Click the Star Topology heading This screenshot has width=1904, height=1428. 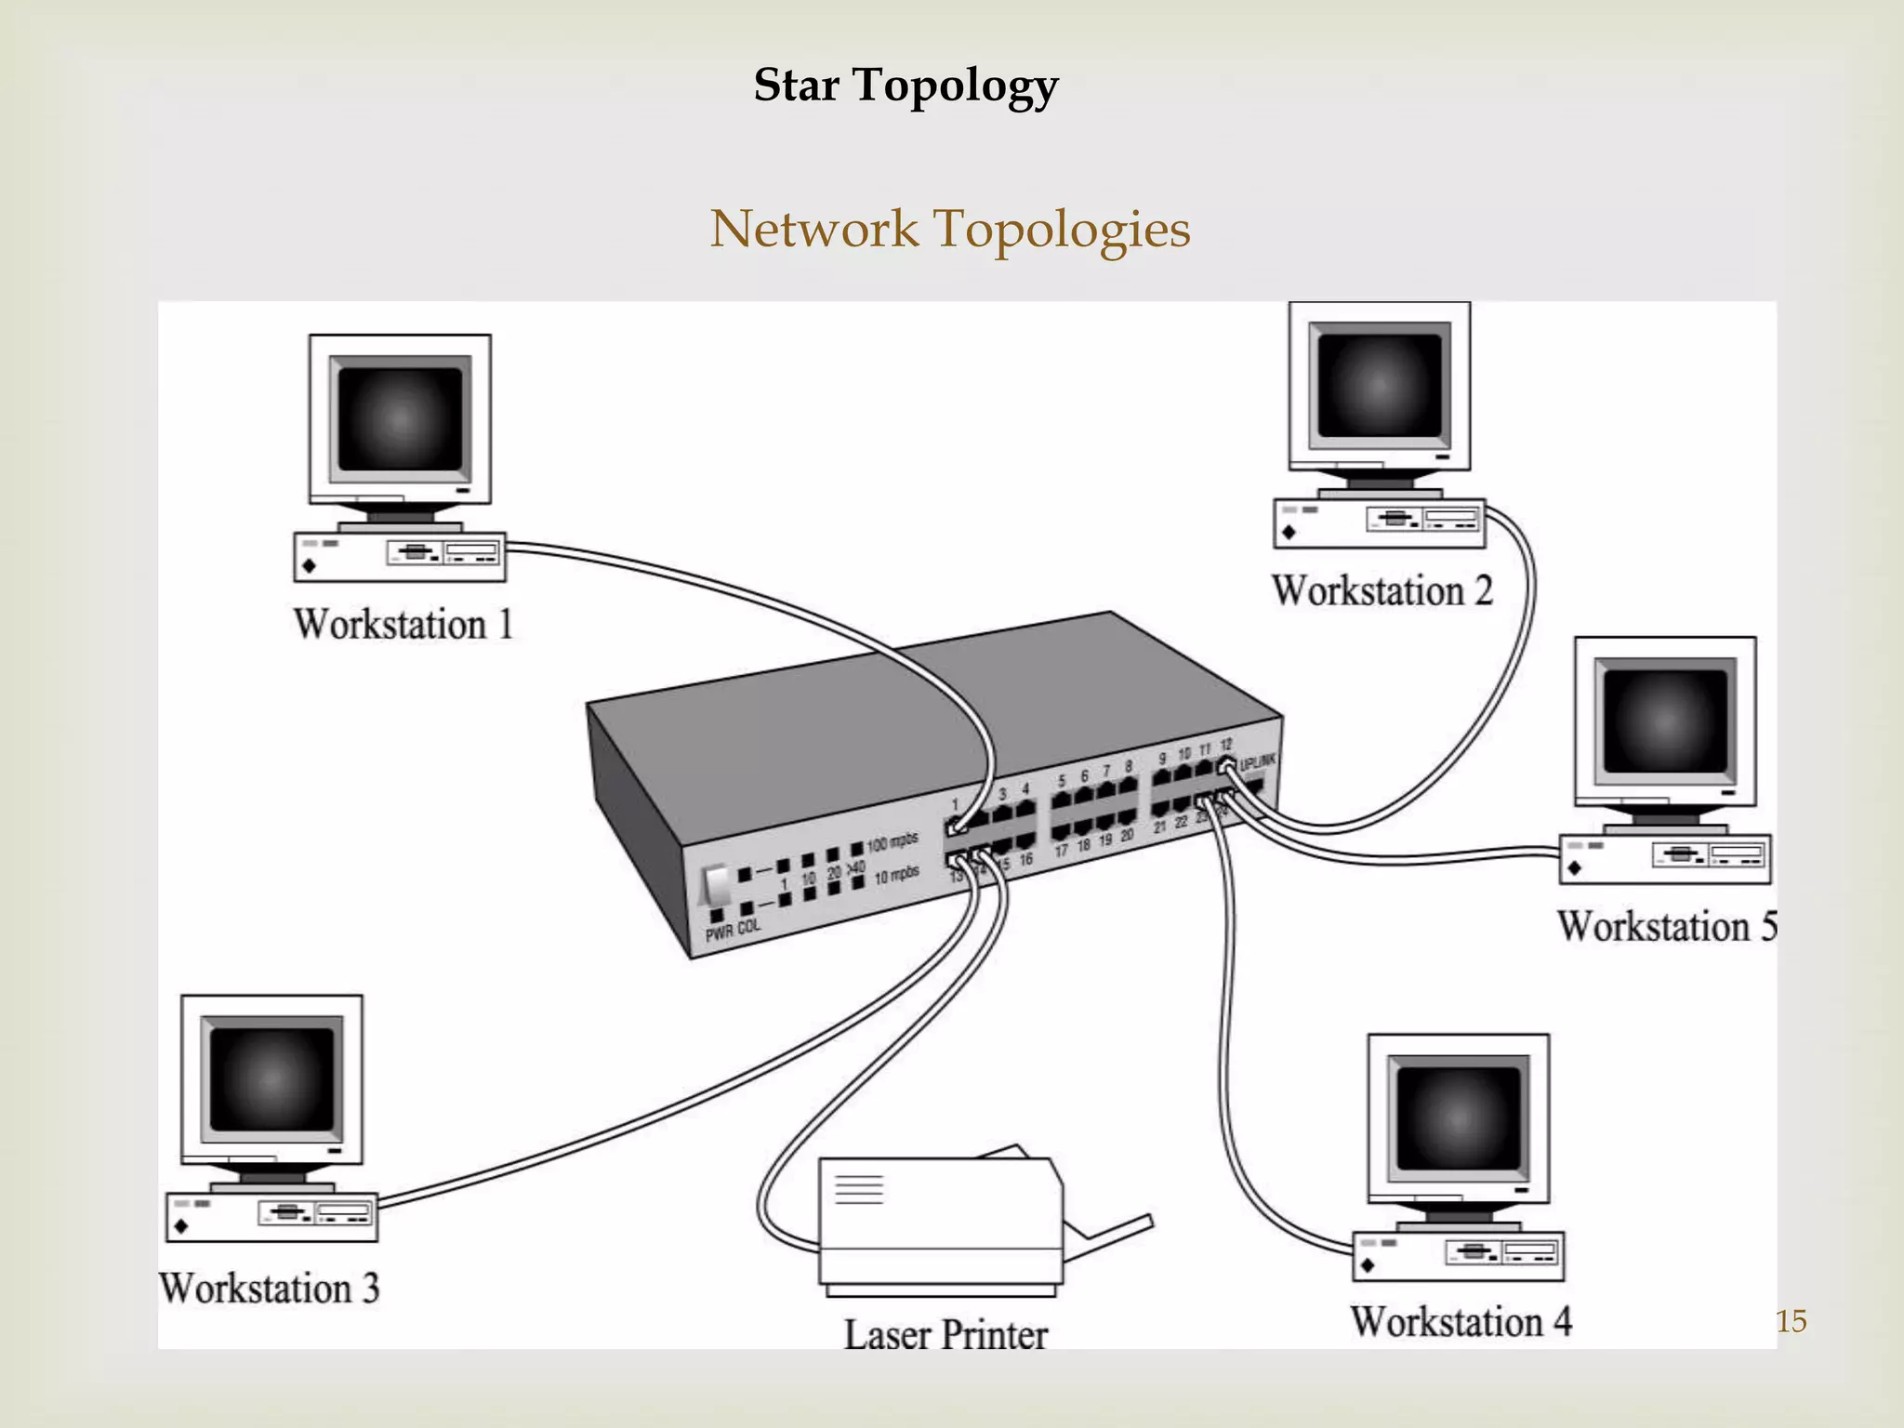coord(906,86)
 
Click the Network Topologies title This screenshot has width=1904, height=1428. coord(949,229)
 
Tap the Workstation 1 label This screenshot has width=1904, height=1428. coord(403,624)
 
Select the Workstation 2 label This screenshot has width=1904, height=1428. coord(1382,591)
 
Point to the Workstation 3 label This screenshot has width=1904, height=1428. coord(269,1289)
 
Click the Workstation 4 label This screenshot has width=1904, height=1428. coord(1461,1322)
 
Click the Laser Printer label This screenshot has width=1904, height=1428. coord(945,1335)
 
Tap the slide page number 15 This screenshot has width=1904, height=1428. coord(1791,1321)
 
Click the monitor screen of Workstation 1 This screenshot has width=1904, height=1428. coord(400,418)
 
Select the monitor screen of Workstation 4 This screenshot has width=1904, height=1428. coord(1459,1117)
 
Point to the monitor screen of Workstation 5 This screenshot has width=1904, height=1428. coord(1665,721)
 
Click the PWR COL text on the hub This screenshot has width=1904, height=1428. coord(733,929)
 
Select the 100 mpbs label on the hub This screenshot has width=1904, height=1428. coord(892,842)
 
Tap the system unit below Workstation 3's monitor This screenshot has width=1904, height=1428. coord(271,1217)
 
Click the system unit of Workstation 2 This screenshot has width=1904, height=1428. coord(1379,523)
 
